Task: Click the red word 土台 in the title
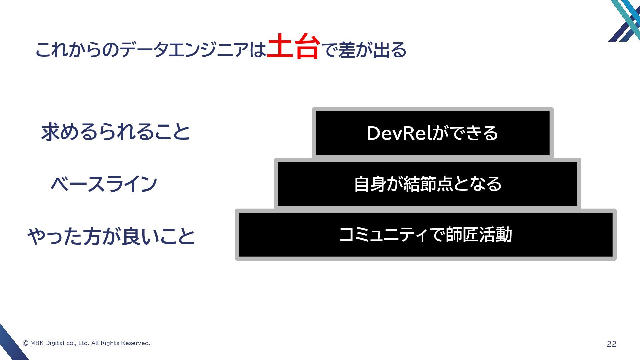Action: click(293, 47)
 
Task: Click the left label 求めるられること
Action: click(115, 132)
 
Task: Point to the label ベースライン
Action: click(104, 184)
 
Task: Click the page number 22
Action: click(611, 344)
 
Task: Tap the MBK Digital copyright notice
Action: click(87, 343)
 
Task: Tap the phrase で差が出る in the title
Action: click(365, 50)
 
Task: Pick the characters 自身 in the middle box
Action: click(370, 184)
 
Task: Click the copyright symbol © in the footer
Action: click(26, 343)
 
